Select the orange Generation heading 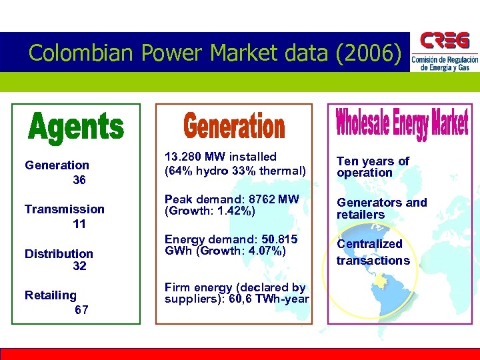coord(234,127)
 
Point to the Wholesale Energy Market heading coord(401,123)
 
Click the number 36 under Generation coord(79,180)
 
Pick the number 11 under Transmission coord(79,224)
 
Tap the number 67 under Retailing coord(81,310)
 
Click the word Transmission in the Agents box coord(64,209)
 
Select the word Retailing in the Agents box coord(50,295)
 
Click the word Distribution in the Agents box coord(59,253)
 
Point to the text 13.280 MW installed coord(220,157)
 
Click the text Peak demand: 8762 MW coord(232,199)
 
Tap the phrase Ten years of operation coord(373,167)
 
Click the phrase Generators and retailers coord(381,209)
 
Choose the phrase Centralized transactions coord(373,252)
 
